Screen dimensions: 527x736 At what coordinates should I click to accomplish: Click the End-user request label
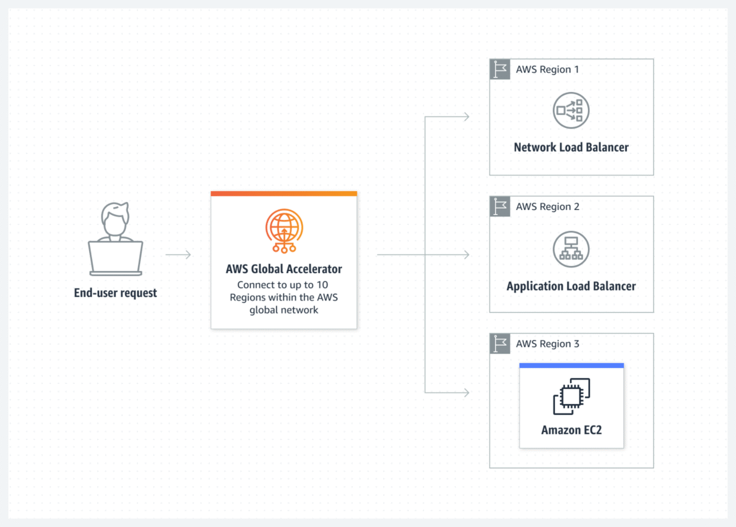pyautogui.click(x=115, y=293)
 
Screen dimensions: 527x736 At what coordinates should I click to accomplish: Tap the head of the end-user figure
pyautogui.click(x=115, y=219)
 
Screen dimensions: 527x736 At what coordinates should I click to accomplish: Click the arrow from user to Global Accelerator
pyautogui.click(x=178, y=255)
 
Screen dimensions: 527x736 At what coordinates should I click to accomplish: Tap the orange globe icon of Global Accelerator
pyautogui.click(x=283, y=227)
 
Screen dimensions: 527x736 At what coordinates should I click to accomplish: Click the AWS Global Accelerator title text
pyautogui.click(x=283, y=270)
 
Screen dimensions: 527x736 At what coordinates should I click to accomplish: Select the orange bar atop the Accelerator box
pyautogui.click(x=283, y=193)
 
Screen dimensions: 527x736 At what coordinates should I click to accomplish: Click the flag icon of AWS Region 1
pyautogui.click(x=500, y=70)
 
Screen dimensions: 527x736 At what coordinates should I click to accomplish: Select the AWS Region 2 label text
pyautogui.click(x=547, y=207)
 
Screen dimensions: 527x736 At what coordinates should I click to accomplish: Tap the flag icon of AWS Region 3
pyautogui.click(x=500, y=344)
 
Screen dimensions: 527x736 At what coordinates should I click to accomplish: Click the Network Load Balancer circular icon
pyautogui.click(x=571, y=111)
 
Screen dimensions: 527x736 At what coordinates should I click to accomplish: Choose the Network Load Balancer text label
pyautogui.click(x=571, y=147)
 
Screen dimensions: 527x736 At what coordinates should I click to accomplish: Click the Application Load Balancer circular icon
pyautogui.click(x=571, y=248)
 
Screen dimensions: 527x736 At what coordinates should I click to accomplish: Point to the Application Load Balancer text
pyautogui.click(x=571, y=286)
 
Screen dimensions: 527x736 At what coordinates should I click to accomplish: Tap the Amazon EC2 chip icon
pyautogui.click(x=571, y=397)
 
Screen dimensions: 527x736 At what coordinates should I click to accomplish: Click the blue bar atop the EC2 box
pyautogui.click(x=571, y=365)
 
